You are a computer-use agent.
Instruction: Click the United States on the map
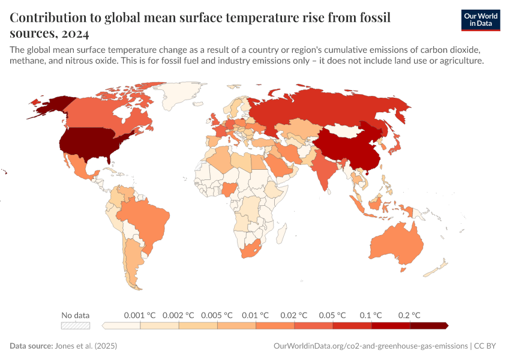[x=90, y=144]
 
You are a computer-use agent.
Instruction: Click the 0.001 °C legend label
[x=140, y=315]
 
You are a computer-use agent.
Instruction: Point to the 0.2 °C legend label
[x=409, y=315]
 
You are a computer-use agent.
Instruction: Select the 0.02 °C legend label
[x=294, y=315]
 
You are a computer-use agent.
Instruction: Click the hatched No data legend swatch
[x=76, y=326]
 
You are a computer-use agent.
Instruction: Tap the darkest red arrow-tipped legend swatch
[x=429, y=326]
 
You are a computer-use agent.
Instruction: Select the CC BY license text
[x=485, y=346]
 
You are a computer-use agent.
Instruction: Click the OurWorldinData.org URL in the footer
[x=370, y=346]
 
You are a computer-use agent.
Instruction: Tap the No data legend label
[x=76, y=315]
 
